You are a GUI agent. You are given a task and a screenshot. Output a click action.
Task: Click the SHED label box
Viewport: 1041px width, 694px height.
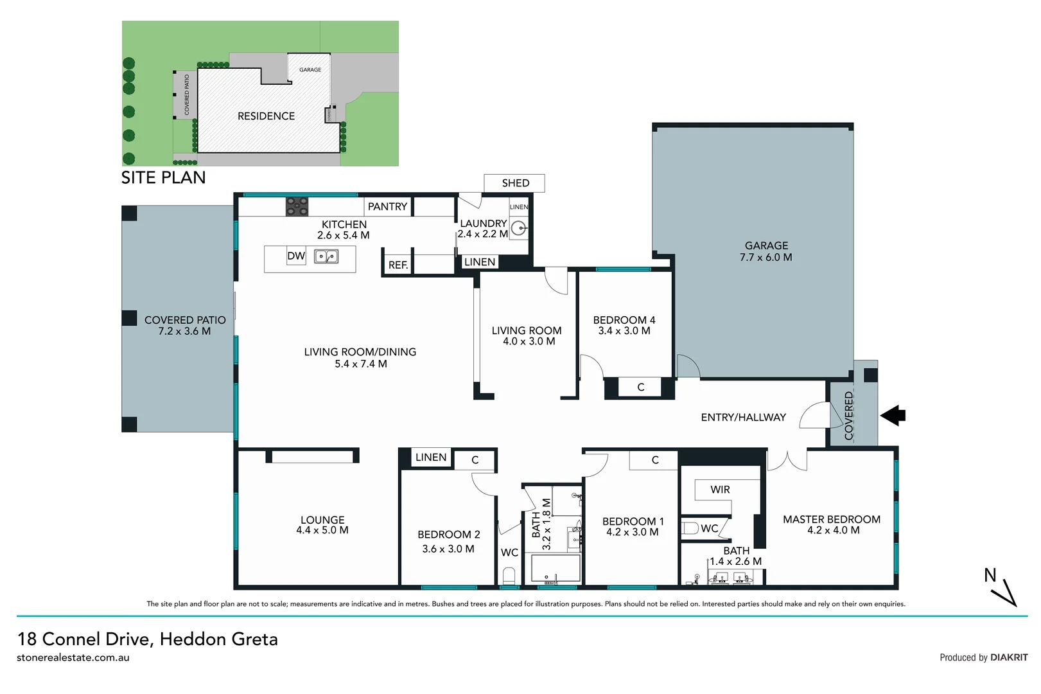[x=514, y=183]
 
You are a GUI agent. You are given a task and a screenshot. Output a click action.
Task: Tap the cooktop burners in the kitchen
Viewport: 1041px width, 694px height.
[x=297, y=206]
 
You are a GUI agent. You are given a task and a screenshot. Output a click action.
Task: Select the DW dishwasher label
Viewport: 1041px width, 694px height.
[x=296, y=256]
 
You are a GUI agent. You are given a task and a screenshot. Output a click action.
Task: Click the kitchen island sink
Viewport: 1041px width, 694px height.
[x=326, y=257]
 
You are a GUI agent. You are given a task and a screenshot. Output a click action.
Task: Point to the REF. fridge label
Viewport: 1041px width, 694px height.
[x=398, y=265]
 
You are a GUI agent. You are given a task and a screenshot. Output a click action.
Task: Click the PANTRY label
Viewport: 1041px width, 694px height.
[x=387, y=206]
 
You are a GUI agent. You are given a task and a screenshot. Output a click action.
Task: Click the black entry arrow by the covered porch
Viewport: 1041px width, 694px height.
[x=893, y=416]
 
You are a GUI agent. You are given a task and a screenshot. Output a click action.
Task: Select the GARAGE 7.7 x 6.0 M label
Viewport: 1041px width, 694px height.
[x=766, y=251]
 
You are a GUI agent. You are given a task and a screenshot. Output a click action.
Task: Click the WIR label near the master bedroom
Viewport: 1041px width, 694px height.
[x=720, y=490]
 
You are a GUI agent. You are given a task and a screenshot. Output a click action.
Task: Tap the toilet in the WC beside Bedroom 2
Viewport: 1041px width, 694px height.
[x=509, y=574]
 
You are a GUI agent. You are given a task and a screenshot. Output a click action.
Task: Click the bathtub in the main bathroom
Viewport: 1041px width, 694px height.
[x=555, y=569]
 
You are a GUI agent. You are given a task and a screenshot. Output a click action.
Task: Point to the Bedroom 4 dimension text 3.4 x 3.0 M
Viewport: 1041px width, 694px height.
[x=624, y=331]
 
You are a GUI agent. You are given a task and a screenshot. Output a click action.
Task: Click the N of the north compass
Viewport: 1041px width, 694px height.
[x=990, y=575]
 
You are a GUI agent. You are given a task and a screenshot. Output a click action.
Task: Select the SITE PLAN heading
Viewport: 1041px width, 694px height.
[x=164, y=177]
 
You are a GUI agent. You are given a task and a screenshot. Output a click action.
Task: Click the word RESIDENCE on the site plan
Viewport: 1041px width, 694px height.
[x=266, y=116]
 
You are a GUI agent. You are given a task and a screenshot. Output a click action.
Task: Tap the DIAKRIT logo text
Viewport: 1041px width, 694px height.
[x=1009, y=657]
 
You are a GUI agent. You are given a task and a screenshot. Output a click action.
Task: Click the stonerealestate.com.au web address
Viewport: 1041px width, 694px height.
[x=73, y=657]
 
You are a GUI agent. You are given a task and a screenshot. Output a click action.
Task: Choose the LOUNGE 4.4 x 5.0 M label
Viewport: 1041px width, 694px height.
[x=322, y=525]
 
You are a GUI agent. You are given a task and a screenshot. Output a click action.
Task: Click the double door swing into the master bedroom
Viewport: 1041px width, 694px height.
[x=787, y=461]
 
